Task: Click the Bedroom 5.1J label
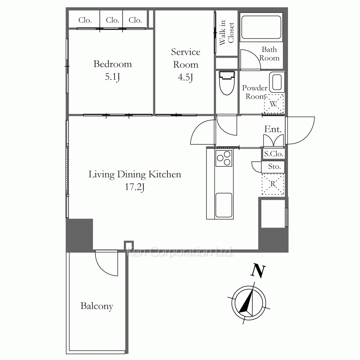click(x=112, y=70)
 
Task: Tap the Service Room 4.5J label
click(x=185, y=64)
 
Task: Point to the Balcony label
click(x=97, y=306)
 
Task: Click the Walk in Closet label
click(x=226, y=33)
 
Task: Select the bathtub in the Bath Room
click(x=261, y=27)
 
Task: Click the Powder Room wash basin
click(x=277, y=82)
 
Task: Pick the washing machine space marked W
click(x=274, y=104)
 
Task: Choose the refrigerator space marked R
click(x=273, y=184)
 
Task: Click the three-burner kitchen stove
click(x=224, y=158)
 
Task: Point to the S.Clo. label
click(x=273, y=154)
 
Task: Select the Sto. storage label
click(x=274, y=166)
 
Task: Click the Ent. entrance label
click(x=273, y=129)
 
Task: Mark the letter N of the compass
click(x=258, y=271)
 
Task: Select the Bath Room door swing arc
click(x=255, y=55)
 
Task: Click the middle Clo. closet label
click(x=112, y=20)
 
